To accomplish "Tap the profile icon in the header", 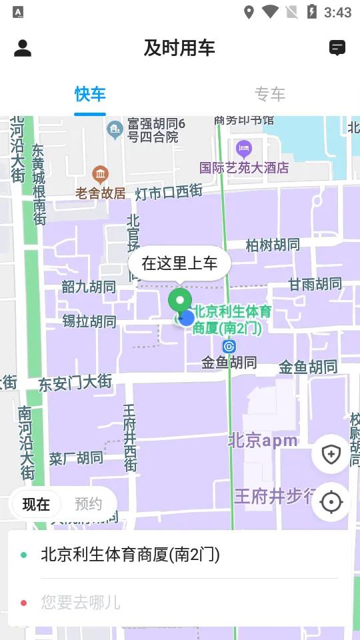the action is [x=23, y=48].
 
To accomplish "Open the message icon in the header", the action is [x=337, y=48].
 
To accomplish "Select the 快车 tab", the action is [x=90, y=94].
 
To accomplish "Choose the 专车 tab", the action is [x=270, y=94].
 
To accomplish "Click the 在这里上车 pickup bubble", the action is [x=179, y=263].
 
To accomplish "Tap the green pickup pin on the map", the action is [x=179, y=301].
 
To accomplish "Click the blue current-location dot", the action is [x=187, y=318].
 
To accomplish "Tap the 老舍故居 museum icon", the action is [x=101, y=175].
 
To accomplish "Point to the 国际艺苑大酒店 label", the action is [x=244, y=167].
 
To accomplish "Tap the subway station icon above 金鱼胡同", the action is [x=229, y=347].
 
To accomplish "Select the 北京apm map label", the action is [x=263, y=441].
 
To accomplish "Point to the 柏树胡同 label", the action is [x=273, y=245].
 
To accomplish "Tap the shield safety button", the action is [x=331, y=455].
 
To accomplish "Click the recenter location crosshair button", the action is [x=331, y=502].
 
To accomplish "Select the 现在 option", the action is [x=36, y=504].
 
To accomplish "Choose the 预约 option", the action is [x=88, y=504].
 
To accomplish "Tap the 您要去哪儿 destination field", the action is [x=180, y=603].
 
